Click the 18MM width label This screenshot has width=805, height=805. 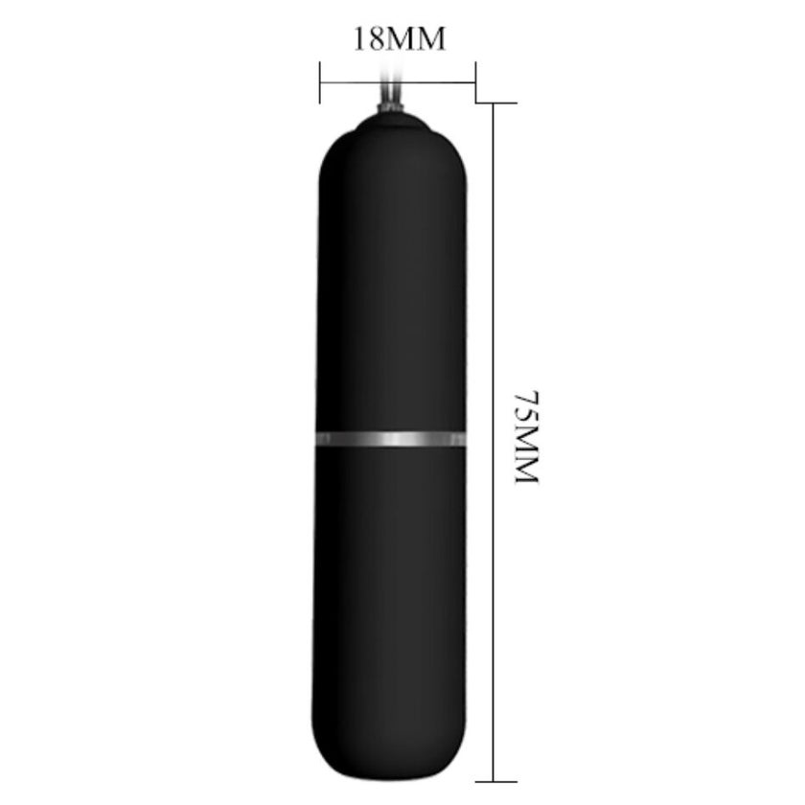[400, 39]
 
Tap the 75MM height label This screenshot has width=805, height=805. [526, 437]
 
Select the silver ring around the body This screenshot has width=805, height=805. [391, 439]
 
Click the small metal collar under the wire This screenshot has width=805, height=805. [390, 108]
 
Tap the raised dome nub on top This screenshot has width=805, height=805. [391, 124]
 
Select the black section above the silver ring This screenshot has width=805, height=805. [391, 282]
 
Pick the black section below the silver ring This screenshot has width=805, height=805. [390, 613]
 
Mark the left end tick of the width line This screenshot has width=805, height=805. [320, 82]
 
